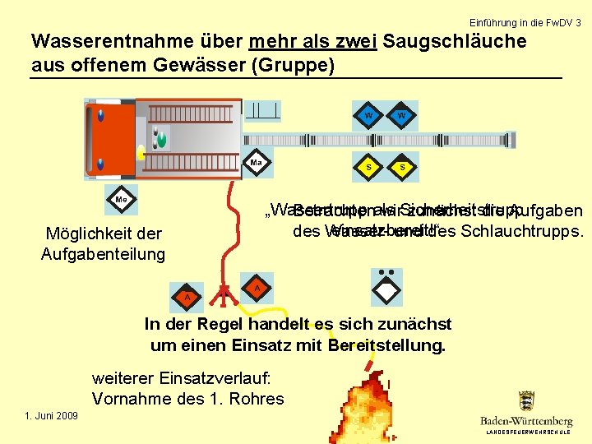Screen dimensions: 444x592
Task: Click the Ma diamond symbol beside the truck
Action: coord(257,163)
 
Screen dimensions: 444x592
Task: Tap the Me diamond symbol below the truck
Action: coord(121,199)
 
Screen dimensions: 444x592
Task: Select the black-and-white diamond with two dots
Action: coord(386,289)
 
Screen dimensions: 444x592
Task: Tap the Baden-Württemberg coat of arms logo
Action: coord(526,401)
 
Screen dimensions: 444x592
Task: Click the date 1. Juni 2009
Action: coord(52,416)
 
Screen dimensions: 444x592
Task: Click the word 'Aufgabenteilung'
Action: coord(103,254)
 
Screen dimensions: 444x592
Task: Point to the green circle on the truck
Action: coord(162,141)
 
